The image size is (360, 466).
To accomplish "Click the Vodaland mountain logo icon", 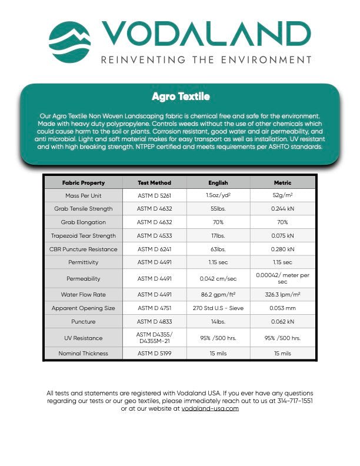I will (69, 42).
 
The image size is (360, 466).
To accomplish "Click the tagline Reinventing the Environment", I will (206, 60).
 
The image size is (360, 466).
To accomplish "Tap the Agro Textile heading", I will (181, 96).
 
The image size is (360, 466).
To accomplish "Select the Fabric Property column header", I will (84, 182).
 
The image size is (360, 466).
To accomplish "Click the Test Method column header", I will (154, 182).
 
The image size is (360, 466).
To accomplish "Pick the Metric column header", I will (282, 182).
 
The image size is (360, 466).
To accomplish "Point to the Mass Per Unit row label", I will (84, 195).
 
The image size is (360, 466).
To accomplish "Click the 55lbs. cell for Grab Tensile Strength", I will (218, 209).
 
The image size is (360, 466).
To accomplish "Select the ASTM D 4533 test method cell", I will (154, 236).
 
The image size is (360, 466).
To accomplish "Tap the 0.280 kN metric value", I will (282, 249).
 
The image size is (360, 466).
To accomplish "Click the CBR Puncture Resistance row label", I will (84, 249).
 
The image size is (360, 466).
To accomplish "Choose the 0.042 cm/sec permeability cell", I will (218, 278).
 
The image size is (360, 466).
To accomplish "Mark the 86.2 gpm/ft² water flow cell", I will (218, 294).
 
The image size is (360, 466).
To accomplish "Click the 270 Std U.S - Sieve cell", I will (218, 308).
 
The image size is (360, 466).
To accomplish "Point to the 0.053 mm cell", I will (282, 308).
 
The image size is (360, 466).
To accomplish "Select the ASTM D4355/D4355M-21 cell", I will (154, 338).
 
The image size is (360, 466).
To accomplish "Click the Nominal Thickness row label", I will (84, 354).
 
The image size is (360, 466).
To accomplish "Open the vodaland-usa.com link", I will (210, 408).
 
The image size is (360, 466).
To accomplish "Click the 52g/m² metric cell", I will (282, 195).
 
